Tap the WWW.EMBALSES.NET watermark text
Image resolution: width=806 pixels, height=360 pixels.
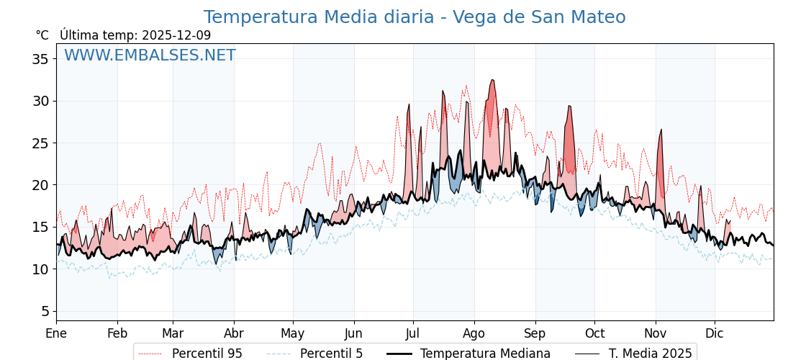[150, 55]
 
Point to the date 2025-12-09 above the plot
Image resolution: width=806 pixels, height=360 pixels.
[176, 35]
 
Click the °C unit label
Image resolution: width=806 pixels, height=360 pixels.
[42, 35]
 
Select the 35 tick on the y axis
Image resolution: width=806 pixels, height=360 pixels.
[40, 59]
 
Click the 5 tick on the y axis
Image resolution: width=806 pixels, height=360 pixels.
[45, 311]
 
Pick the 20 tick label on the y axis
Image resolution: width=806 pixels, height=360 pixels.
[40, 185]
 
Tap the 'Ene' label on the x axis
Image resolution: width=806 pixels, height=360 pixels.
[56, 333]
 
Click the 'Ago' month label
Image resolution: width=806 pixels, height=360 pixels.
[474, 333]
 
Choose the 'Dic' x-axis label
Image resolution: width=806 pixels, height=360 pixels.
[715, 333]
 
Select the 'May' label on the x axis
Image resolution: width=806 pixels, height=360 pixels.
[293, 333]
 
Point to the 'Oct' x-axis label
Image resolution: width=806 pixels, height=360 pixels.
[594, 333]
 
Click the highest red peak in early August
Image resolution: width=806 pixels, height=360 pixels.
[492, 81]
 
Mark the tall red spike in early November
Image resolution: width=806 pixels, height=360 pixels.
[661, 131]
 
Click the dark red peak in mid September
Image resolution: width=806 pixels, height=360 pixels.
[569, 107]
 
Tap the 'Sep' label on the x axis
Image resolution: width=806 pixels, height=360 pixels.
[535, 333]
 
